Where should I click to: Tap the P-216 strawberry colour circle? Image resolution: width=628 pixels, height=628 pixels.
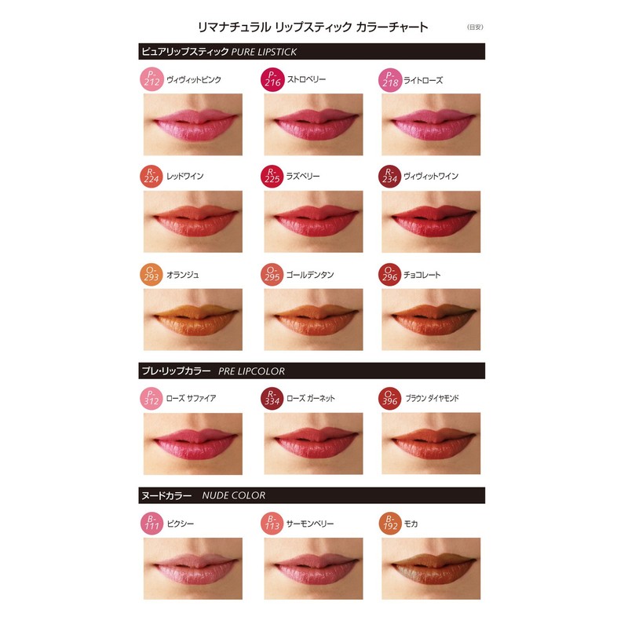[x=271, y=79]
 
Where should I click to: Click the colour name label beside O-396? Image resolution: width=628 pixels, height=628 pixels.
[x=432, y=399]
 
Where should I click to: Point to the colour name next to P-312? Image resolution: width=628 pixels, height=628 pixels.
[x=191, y=399]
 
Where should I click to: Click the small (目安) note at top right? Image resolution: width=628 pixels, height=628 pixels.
[x=476, y=27]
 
